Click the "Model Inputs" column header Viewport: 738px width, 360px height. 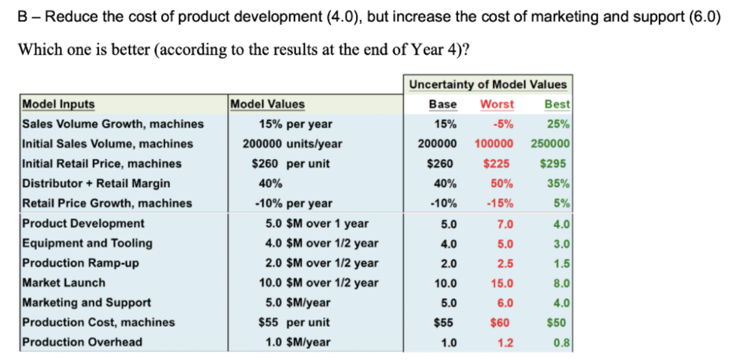tap(58, 104)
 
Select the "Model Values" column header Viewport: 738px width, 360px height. tap(268, 104)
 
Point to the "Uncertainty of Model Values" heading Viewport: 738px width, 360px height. tap(488, 85)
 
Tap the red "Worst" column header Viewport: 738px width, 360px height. tap(497, 104)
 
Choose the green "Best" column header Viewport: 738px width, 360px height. tap(557, 104)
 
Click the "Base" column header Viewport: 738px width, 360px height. tap(443, 104)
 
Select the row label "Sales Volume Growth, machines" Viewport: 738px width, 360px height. tap(113, 124)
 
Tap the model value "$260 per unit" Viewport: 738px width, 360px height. tap(294, 163)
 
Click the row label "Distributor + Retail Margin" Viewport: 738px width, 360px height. tap(96, 183)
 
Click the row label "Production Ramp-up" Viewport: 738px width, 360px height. tap(80, 263)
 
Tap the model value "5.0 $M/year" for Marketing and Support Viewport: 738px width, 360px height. tap(297, 303)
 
